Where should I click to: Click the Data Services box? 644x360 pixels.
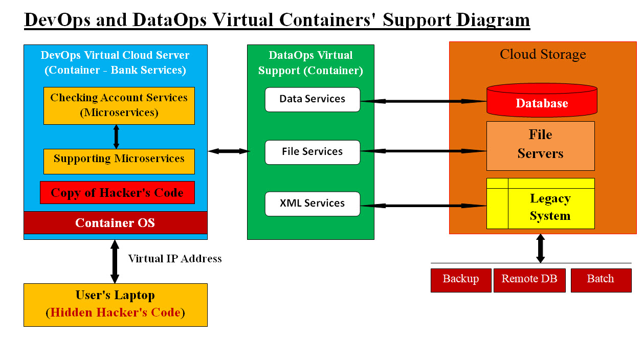click(312, 99)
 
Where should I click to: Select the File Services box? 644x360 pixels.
click(312, 152)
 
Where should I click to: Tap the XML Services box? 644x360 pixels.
click(312, 204)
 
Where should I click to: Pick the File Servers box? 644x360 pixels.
click(540, 145)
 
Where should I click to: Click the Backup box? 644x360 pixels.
click(460, 280)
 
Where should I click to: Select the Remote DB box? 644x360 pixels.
click(529, 280)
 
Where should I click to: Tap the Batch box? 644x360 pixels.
click(601, 280)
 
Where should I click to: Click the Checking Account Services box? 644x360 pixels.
click(119, 105)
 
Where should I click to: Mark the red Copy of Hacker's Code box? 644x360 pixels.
click(117, 193)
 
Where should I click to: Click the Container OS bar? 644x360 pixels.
click(115, 223)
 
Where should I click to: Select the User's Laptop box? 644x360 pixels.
click(115, 304)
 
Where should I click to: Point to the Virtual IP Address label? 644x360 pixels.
click(175, 259)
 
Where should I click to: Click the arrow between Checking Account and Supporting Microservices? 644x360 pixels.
click(116, 137)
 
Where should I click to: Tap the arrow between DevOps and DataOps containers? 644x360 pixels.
click(228, 151)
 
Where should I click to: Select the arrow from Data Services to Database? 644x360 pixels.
click(424, 101)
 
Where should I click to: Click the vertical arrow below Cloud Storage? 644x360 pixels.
click(540, 249)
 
